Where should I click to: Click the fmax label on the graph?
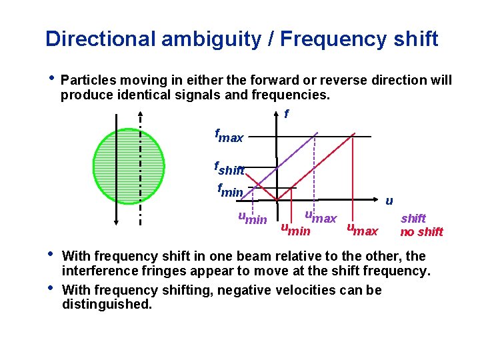(x=229, y=136)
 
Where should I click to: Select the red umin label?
(x=295, y=230)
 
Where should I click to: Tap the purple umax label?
(x=321, y=217)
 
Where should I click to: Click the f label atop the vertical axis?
(x=287, y=114)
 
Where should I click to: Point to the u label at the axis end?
(x=389, y=200)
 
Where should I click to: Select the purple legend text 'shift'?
(x=413, y=218)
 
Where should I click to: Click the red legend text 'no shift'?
(x=421, y=232)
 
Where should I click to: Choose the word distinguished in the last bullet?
(x=107, y=304)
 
